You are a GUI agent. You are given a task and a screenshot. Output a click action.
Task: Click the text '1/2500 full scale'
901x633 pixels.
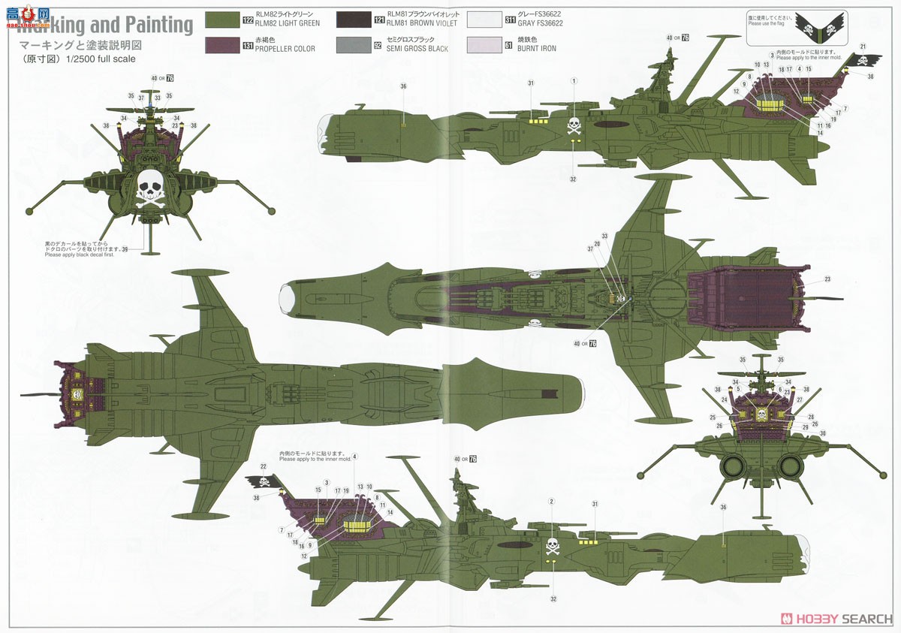(102, 59)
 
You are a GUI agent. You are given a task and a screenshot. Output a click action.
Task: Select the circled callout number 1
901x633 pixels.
(574, 81)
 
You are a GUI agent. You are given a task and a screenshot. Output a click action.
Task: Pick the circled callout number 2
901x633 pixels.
(552, 502)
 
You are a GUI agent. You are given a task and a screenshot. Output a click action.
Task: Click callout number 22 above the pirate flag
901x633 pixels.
(264, 467)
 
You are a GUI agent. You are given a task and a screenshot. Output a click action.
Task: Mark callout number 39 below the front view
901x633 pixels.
(125, 249)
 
